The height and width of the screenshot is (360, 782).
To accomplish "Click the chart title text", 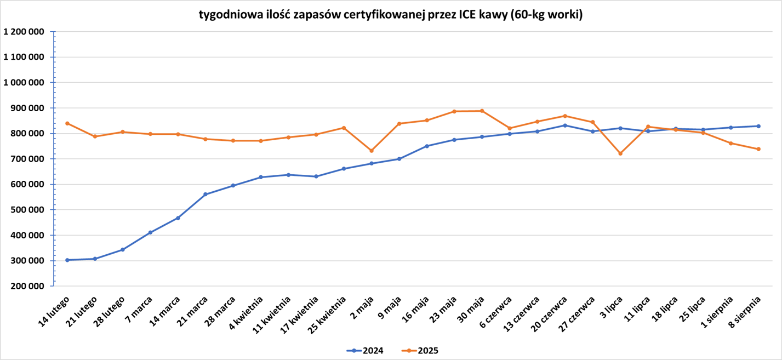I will [x=390, y=15].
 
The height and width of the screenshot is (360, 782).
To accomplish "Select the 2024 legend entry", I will [x=366, y=351].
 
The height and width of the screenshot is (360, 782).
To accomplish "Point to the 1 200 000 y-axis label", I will [x=24, y=32].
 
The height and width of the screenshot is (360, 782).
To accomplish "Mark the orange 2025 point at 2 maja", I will [x=372, y=151].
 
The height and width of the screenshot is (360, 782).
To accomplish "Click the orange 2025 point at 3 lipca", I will [x=620, y=153].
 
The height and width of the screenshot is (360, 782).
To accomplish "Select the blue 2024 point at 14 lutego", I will [x=67, y=260].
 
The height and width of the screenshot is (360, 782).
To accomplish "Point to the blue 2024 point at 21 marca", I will [x=206, y=194].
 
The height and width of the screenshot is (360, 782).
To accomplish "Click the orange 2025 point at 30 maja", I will [x=482, y=111].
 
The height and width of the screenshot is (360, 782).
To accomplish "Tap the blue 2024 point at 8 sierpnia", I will [x=758, y=126].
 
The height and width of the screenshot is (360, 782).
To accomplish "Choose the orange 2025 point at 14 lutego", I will [x=67, y=123].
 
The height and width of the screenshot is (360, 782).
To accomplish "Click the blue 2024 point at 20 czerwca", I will [x=565, y=125].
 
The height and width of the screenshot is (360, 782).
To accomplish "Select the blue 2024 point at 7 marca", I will [x=150, y=232].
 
